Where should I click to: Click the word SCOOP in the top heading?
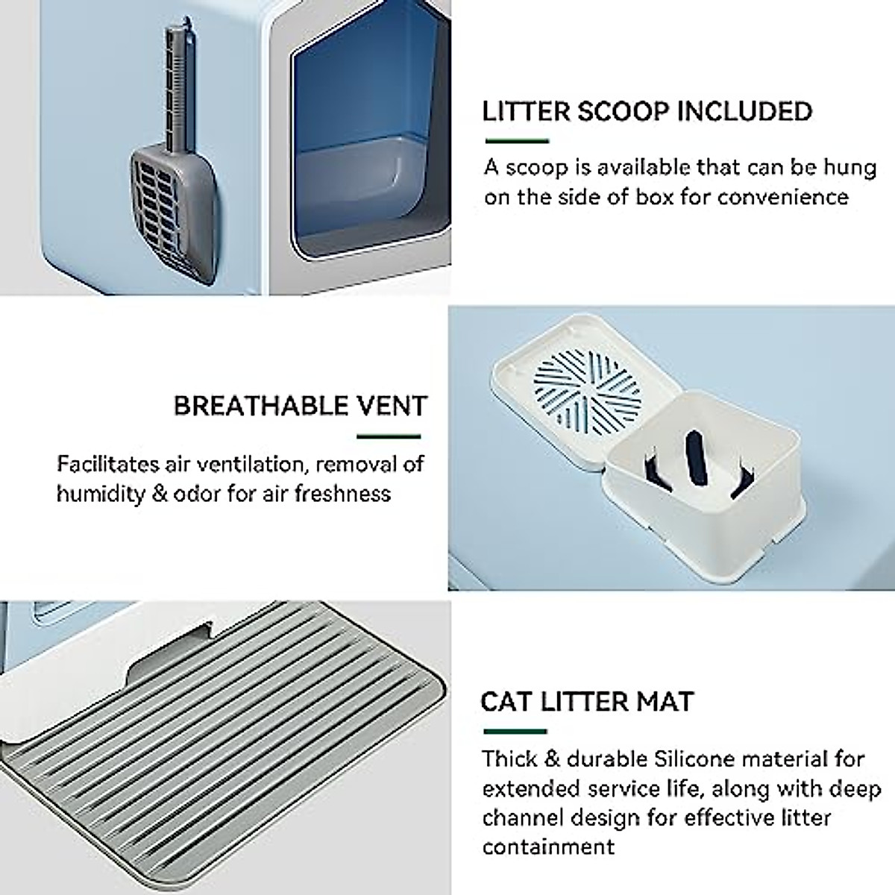tap(623, 111)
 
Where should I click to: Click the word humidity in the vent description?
tap(101, 493)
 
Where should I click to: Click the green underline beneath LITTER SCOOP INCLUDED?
tap(517, 141)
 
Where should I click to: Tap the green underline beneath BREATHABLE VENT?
tap(389, 436)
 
